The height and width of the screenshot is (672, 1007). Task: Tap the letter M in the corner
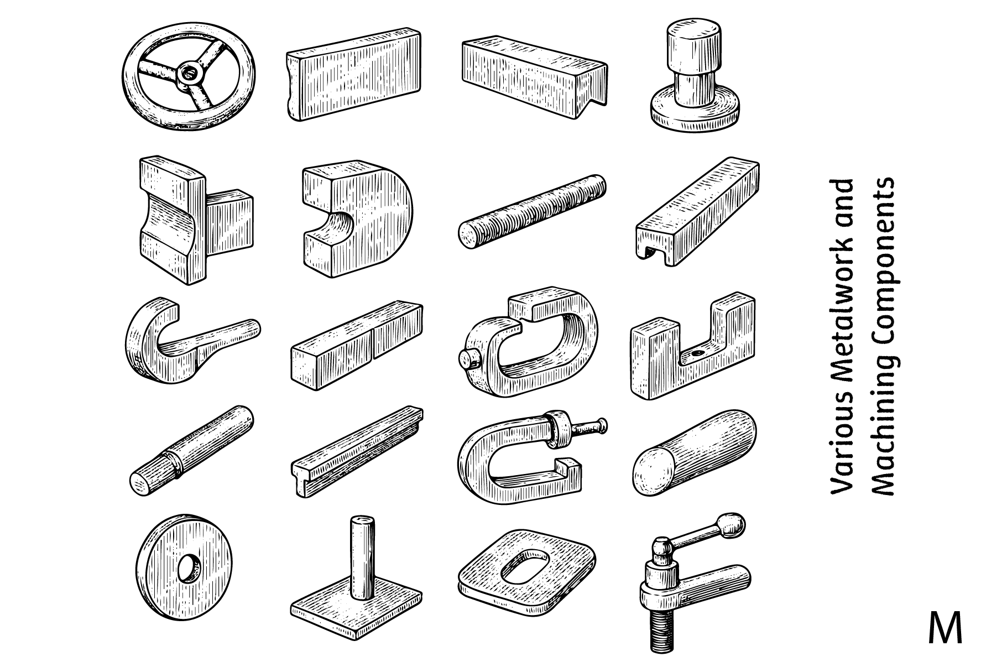[x=945, y=627]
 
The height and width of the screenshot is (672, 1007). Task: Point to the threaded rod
[x=532, y=211]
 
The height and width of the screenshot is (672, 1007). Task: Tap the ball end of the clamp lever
[x=733, y=523]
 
